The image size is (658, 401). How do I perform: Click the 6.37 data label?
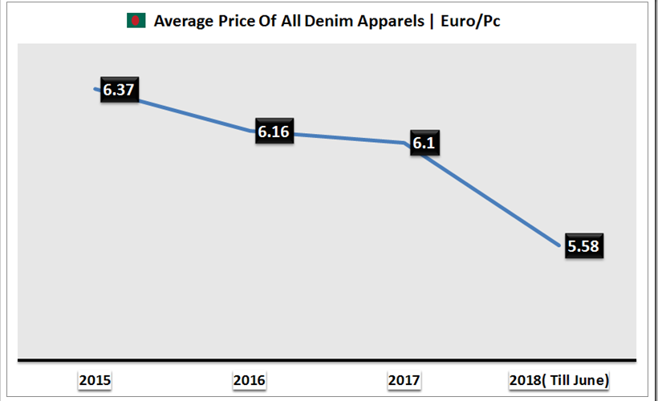[x=118, y=90]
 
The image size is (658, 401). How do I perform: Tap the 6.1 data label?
[x=426, y=143]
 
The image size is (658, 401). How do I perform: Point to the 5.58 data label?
[x=583, y=247]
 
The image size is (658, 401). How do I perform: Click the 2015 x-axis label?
[x=95, y=380]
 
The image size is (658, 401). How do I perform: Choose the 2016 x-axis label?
[x=249, y=380]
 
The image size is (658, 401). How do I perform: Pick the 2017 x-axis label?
[x=404, y=380]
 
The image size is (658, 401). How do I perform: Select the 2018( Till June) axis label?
[x=559, y=380]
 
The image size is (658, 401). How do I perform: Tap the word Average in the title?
[x=181, y=22]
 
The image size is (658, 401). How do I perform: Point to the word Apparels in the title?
[x=380, y=22]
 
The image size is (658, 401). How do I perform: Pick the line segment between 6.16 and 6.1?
[x=353, y=139]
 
